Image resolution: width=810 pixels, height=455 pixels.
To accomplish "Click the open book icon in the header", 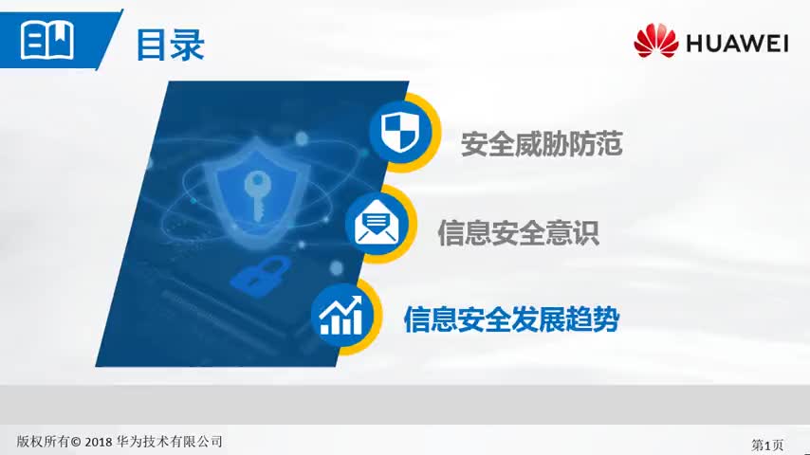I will (x=47, y=40).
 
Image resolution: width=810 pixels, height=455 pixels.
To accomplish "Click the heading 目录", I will (x=170, y=44).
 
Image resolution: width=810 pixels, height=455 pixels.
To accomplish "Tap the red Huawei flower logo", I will (x=656, y=41).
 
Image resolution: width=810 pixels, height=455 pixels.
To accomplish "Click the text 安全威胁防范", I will (x=542, y=144).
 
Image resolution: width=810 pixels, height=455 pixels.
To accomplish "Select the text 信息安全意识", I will (x=518, y=232).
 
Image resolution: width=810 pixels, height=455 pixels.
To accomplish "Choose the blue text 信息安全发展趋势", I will (x=511, y=318).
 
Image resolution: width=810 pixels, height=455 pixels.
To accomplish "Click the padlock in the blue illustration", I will (x=253, y=276).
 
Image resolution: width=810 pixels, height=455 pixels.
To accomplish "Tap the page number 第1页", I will (x=767, y=444).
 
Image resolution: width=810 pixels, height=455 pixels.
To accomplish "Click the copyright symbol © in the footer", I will (x=76, y=442).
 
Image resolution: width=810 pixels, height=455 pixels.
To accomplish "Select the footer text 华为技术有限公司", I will (x=172, y=442).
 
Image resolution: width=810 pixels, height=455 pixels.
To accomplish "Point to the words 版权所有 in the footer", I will (x=42, y=442).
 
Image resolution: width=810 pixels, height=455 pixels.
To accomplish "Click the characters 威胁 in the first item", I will (x=542, y=144).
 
